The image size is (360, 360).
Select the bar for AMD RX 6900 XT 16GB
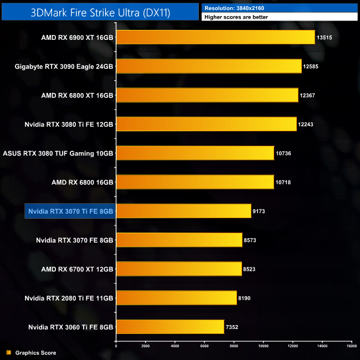click(x=215, y=38)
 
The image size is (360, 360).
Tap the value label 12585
click(x=310, y=66)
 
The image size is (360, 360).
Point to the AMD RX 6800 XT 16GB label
click(x=77, y=95)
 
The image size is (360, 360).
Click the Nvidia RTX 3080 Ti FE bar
click(x=207, y=124)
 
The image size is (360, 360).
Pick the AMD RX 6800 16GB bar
click(x=195, y=182)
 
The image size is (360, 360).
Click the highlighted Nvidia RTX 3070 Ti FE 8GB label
click(x=70, y=211)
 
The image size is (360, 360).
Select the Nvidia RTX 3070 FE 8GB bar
click(x=179, y=240)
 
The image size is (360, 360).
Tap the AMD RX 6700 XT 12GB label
click(x=77, y=269)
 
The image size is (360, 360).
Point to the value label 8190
click(x=245, y=297)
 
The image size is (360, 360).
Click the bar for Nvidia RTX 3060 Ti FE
click(x=170, y=326)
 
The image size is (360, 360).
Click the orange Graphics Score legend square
click(x=8, y=352)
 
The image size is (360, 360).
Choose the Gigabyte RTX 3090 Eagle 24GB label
click(x=64, y=66)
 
